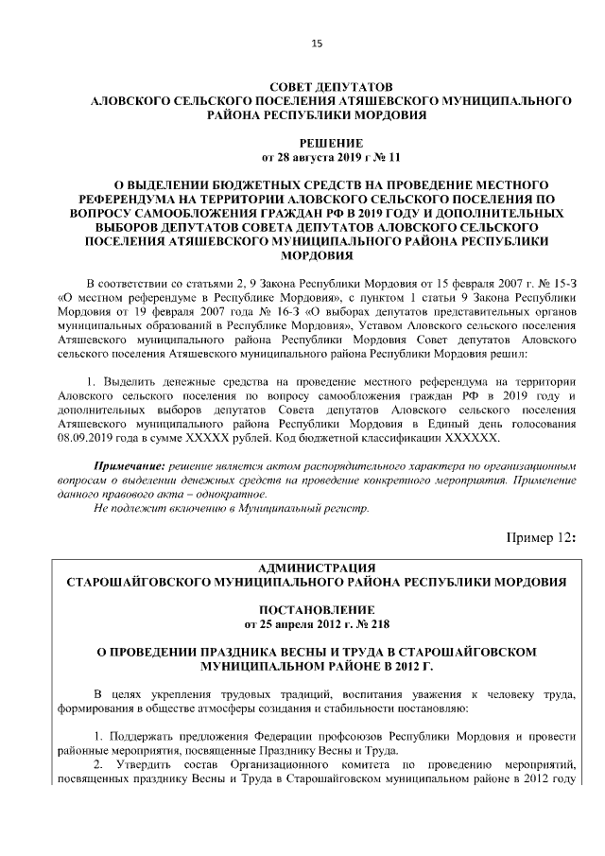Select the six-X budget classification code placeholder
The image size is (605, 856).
(x=477, y=439)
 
